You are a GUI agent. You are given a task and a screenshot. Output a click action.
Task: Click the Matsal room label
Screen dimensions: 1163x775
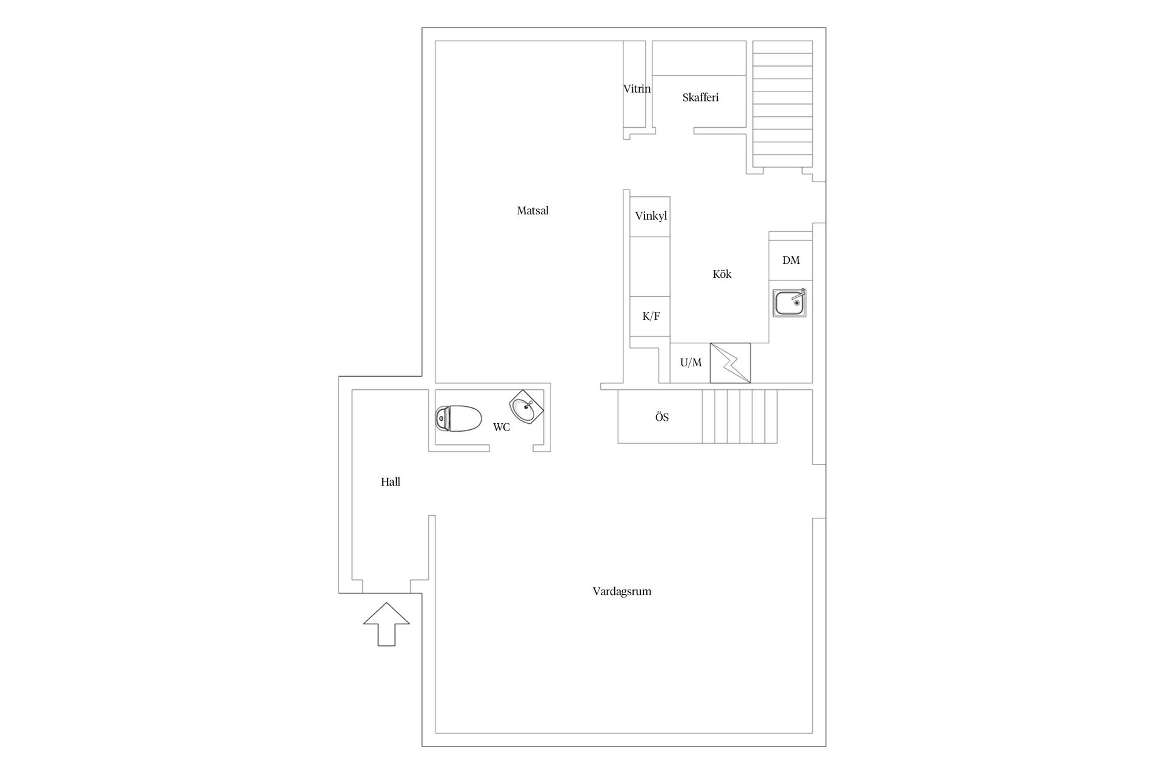point(532,211)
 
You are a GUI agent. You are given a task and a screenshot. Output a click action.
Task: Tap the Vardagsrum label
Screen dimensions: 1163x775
point(621,592)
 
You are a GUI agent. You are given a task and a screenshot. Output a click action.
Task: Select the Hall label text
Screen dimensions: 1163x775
point(390,482)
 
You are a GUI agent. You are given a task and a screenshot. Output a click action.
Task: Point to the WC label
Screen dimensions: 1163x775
point(501,427)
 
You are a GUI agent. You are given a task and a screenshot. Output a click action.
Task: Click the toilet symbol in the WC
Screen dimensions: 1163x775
point(459,418)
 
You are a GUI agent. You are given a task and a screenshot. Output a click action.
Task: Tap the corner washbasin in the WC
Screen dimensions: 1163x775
point(526,407)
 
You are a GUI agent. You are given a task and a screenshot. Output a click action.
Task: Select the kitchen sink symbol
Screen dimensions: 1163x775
point(789,303)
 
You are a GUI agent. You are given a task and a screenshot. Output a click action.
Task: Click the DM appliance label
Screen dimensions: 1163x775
point(791,260)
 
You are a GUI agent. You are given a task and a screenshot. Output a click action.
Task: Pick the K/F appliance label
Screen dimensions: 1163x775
point(651,316)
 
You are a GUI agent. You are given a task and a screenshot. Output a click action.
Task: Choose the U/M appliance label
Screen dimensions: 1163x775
point(691,363)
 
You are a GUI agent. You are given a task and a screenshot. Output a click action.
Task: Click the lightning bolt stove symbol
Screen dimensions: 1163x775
point(730,363)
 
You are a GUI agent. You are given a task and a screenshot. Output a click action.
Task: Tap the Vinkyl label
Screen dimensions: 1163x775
point(651,216)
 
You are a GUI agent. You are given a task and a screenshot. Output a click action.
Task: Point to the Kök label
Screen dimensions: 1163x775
point(722,274)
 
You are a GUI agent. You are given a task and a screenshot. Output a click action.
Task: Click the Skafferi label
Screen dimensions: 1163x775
point(700,97)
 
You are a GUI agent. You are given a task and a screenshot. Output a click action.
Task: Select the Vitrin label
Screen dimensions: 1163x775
point(637,89)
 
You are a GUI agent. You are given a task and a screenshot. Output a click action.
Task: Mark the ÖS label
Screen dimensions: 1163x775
point(661,417)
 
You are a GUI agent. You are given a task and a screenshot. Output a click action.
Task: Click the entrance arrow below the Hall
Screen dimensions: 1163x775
point(386,624)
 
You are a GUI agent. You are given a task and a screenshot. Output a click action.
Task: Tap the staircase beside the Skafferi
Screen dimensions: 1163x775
point(783,104)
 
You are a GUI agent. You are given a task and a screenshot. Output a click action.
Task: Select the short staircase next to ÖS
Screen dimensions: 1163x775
point(740,417)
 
